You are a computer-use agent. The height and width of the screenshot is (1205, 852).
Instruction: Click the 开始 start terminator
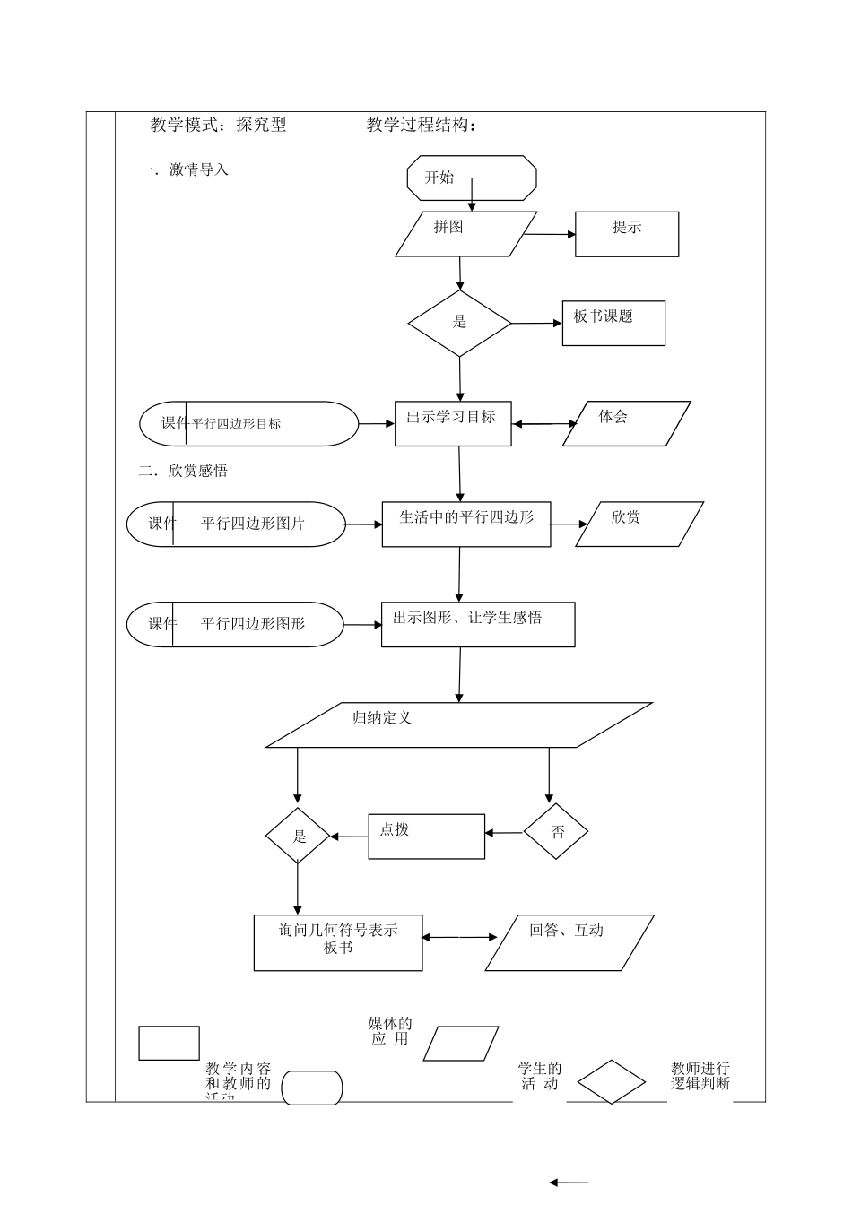[x=472, y=178]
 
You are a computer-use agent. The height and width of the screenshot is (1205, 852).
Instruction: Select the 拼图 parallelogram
[x=466, y=234]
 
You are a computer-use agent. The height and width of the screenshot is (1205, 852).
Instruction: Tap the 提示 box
[x=627, y=234]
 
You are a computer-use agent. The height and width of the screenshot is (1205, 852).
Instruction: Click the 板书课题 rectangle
[x=613, y=323]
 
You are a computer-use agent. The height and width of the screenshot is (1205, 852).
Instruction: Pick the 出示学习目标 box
[x=453, y=423]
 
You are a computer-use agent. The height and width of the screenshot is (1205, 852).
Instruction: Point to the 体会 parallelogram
[x=626, y=423]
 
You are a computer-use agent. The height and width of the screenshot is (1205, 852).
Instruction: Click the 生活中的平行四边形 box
[x=466, y=524]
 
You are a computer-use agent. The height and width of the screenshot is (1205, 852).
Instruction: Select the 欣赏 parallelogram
[x=639, y=524]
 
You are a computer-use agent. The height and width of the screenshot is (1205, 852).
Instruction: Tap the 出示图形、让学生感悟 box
[x=478, y=624]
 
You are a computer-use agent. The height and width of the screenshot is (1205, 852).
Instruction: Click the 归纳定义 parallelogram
[x=459, y=724]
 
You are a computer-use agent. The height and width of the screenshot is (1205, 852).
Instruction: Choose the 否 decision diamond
[x=556, y=832]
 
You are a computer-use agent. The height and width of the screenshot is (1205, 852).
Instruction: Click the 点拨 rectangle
[x=426, y=836]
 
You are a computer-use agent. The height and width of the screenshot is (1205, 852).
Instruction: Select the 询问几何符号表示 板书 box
[x=338, y=941]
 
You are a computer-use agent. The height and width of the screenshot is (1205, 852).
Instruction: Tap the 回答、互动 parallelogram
[x=569, y=941]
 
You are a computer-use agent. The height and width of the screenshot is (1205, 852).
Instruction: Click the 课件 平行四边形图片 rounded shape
[x=235, y=524]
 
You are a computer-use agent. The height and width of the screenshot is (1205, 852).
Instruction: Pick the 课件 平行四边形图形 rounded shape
[x=234, y=624]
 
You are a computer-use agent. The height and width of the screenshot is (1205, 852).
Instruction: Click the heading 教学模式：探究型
[x=219, y=126]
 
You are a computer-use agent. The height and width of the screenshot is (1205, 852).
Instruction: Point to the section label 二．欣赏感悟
[x=184, y=471]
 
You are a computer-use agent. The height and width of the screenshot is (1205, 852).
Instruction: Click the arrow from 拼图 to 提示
[x=550, y=235]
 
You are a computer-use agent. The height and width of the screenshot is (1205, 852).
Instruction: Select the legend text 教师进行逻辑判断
[x=700, y=1076]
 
